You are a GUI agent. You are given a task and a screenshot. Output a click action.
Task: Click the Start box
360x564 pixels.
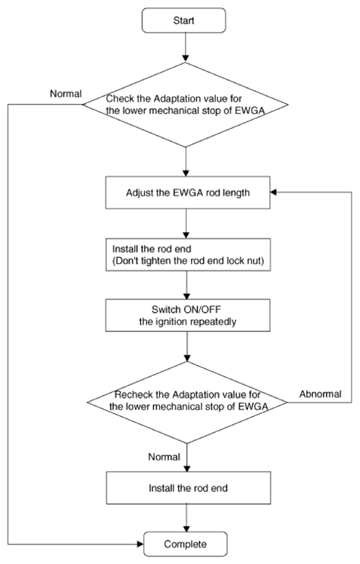point(183,20)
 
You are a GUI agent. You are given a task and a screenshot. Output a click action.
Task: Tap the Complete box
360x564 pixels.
point(186,544)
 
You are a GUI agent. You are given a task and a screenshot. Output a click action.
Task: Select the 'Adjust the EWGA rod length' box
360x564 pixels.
point(188,193)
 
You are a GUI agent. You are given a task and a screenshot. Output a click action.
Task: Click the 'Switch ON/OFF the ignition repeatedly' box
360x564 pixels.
point(188,315)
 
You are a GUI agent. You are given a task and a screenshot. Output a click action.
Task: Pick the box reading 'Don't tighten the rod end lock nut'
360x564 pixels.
point(188,254)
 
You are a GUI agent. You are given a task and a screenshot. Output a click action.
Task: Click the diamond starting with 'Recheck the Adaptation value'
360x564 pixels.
point(187,402)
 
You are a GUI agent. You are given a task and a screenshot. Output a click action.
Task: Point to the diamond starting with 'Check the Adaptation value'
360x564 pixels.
point(186,105)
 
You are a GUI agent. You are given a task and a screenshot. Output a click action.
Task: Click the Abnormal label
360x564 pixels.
point(321,394)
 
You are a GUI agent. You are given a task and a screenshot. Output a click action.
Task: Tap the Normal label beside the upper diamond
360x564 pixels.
point(66,93)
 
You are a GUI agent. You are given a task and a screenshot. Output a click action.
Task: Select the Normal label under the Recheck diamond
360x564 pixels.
point(164,457)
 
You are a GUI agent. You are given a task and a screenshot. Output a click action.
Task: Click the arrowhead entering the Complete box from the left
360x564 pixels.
point(141,544)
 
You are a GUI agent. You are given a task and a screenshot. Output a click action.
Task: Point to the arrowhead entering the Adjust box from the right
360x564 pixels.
point(274,193)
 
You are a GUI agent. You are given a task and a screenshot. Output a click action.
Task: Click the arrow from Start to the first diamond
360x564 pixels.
point(186,48)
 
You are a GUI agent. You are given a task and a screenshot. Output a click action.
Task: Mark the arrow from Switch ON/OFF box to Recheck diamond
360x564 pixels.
point(187,346)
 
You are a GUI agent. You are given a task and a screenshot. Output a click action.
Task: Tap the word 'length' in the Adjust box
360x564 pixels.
point(236,193)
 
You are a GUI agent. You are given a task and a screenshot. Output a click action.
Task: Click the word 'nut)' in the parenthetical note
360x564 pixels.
point(257,261)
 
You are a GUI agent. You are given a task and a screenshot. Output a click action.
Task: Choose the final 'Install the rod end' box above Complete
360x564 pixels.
point(189,488)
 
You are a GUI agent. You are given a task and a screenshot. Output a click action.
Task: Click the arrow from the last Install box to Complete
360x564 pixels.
point(186,518)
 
